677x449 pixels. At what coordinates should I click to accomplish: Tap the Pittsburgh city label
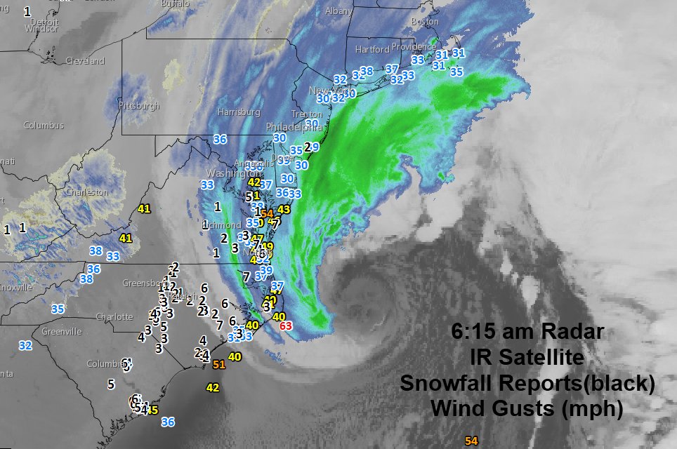point(140,106)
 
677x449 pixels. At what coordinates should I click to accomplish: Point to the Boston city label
point(424,22)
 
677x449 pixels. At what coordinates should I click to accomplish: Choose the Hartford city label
point(372,50)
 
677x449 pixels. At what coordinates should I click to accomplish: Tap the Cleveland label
point(85,61)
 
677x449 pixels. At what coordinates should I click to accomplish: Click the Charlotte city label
point(114,316)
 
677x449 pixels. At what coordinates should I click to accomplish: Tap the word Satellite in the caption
point(537,358)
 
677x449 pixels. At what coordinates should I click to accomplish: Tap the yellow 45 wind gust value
point(152,410)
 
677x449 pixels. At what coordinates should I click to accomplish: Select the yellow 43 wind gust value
point(284,209)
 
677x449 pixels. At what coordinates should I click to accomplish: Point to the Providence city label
point(414,47)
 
